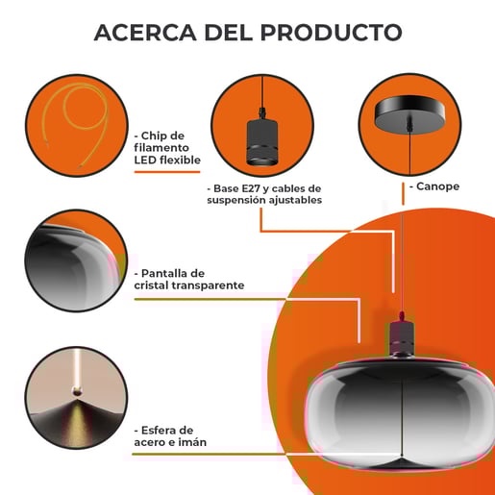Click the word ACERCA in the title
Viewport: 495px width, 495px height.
pyautogui.click(x=145, y=33)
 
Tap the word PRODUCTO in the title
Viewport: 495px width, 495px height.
pyautogui.click(x=332, y=33)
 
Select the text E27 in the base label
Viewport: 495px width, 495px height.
pyautogui.click(x=251, y=188)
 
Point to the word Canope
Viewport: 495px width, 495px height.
pyautogui.click(x=437, y=186)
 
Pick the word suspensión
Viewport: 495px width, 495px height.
pyautogui.click(x=236, y=200)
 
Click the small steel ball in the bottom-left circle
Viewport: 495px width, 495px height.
pyautogui.click(x=77, y=391)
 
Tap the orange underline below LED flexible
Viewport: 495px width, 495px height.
pyautogui.click(x=167, y=172)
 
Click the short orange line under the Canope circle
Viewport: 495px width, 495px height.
pyautogui.click(x=403, y=194)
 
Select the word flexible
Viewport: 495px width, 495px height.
pyautogui.click(x=180, y=160)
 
